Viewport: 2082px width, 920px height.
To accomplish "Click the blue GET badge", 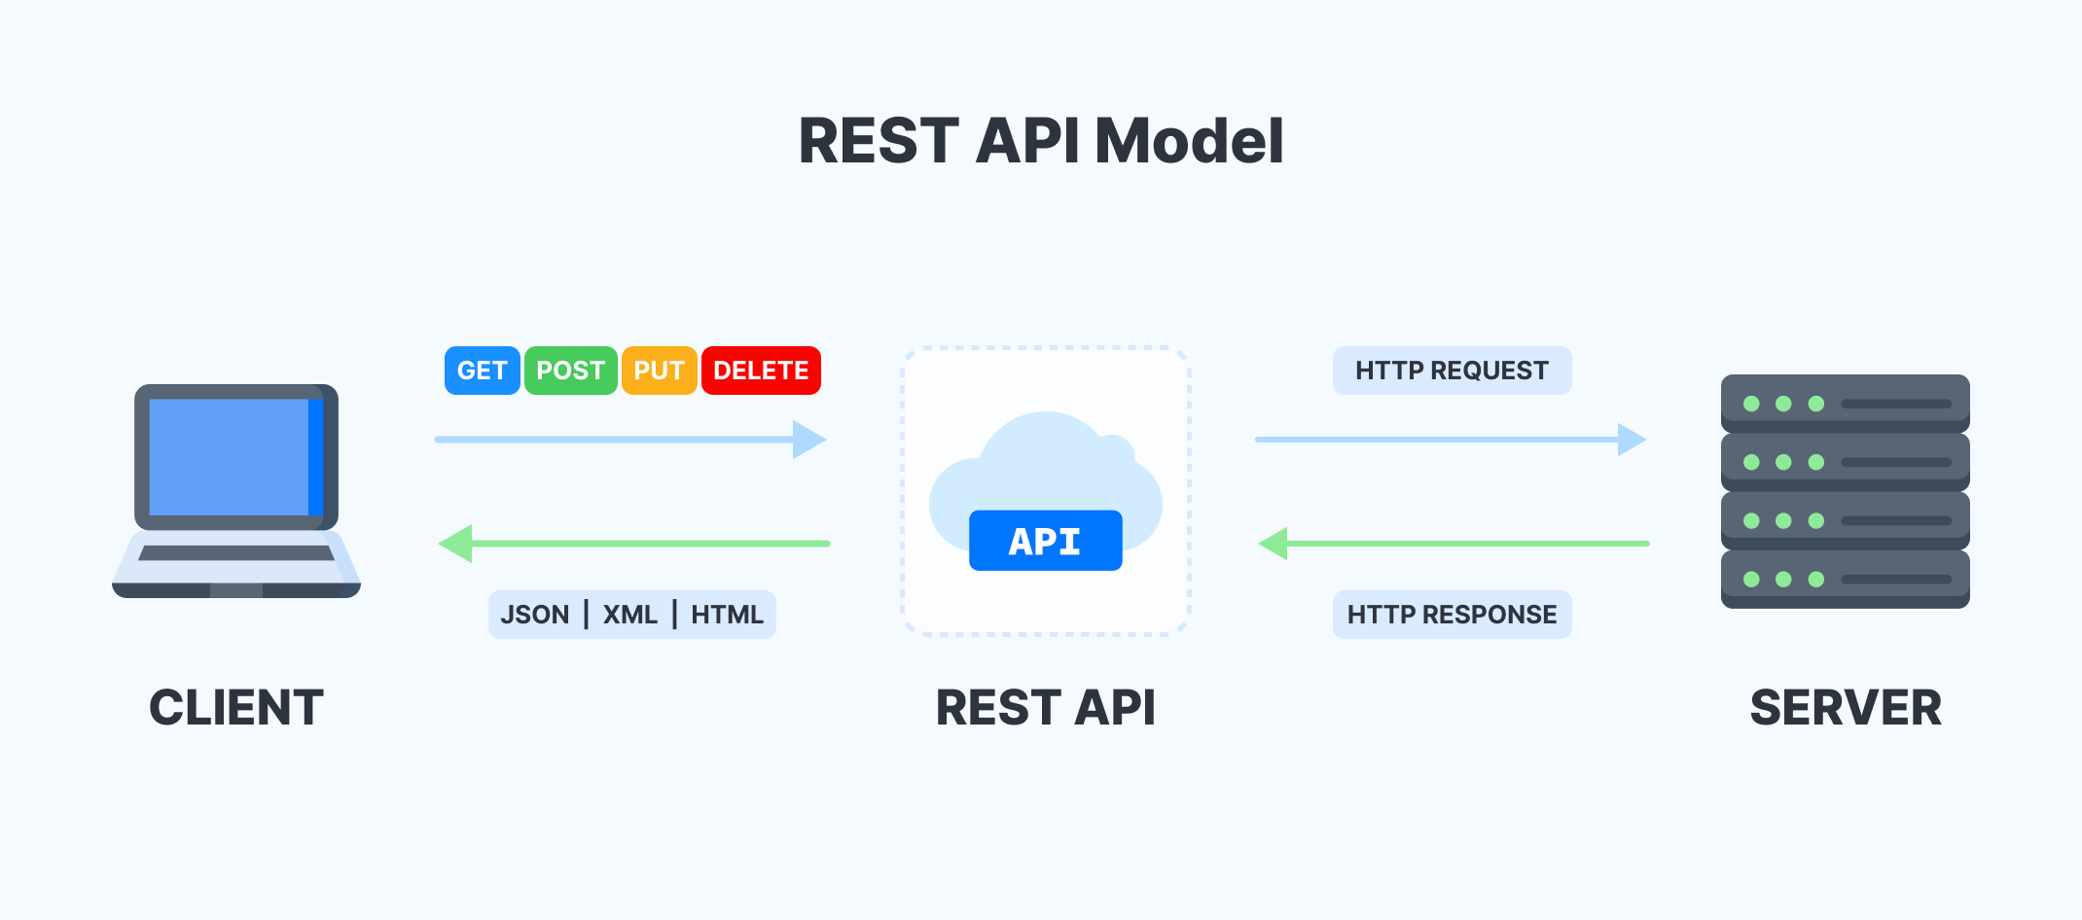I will (x=482, y=371).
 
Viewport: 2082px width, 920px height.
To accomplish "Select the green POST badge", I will (x=570, y=371).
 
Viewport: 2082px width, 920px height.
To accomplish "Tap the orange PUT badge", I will (x=659, y=371).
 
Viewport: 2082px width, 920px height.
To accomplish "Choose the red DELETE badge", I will (x=761, y=371).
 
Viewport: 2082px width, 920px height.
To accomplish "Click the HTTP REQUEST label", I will (x=1452, y=371).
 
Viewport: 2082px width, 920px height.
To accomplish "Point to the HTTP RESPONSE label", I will (x=1452, y=615).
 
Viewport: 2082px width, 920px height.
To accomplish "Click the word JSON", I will (x=534, y=615).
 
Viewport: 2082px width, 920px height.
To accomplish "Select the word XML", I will (x=629, y=615).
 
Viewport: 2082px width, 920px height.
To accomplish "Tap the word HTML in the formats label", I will (x=727, y=615).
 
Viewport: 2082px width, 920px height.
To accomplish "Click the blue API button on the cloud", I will (x=1045, y=541).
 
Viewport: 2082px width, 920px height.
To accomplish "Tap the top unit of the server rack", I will (x=1845, y=403).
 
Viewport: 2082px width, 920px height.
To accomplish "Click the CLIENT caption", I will (x=236, y=707).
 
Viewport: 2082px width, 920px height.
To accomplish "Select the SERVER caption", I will (x=1845, y=707).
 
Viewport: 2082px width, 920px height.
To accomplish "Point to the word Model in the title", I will (x=1189, y=141).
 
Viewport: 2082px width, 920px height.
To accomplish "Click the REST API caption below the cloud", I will (x=1045, y=707).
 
